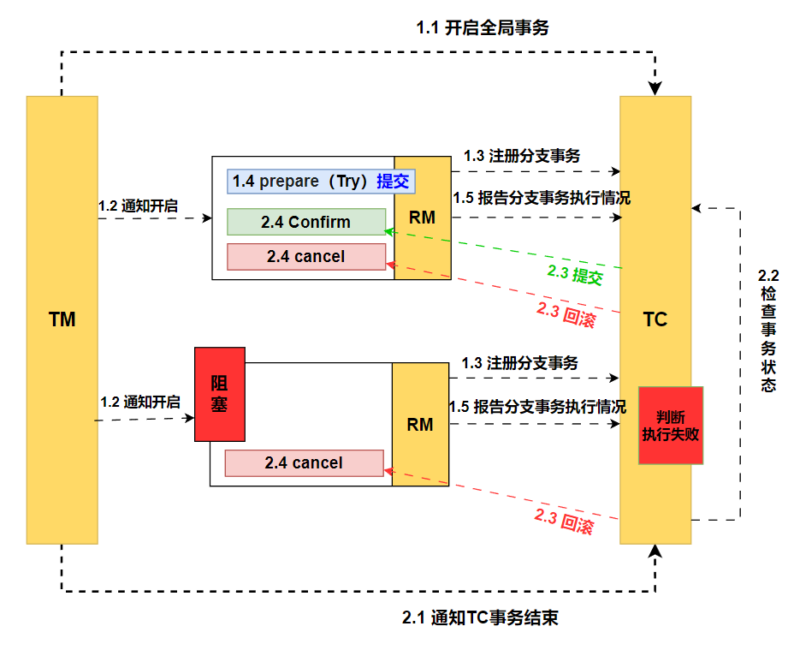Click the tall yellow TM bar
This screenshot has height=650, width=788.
point(62,319)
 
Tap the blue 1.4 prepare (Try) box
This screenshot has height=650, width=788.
point(321,182)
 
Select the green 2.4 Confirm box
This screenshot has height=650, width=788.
point(306,222)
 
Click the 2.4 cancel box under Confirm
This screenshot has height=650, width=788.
point(306,256)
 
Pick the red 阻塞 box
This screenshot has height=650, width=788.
point(220,394)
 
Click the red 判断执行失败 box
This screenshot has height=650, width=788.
point(671,426)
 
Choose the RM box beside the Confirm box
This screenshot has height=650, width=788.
point(422,218)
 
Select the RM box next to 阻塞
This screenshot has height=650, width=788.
point(420,424)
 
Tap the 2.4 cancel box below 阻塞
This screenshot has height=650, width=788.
point(304,463)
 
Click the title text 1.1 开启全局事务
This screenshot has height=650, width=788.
point(483,27)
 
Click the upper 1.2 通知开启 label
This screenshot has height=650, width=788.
point(139,206)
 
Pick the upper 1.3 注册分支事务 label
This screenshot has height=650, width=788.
point(522,156)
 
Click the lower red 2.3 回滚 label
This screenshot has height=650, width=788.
point(564,522)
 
